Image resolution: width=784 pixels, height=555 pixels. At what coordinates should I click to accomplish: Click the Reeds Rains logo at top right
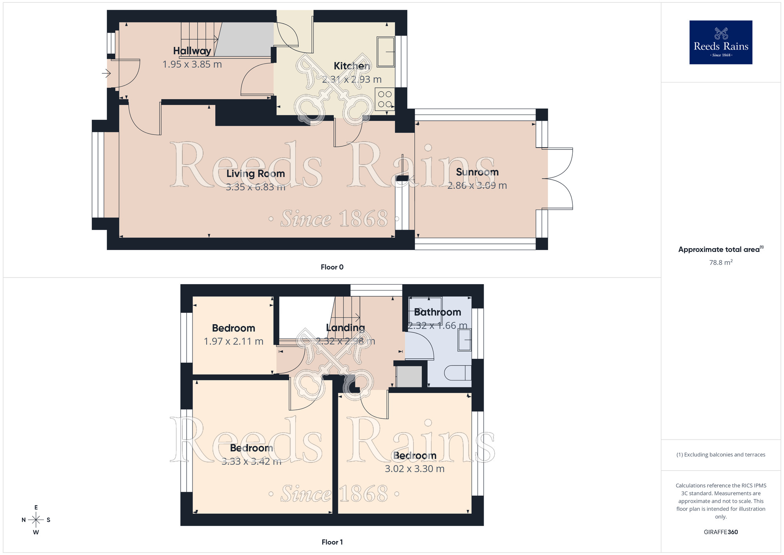pyautogui.click(x=720, y=42)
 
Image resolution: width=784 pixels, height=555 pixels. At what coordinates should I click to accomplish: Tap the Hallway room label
pyautogui.click(x=192, y=51)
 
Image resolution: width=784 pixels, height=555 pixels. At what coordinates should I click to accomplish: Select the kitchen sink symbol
pyautogui.click(x=386, y=52)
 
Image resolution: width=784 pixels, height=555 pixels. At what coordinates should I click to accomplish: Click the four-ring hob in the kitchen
pyautogui.click(x=385, y=99)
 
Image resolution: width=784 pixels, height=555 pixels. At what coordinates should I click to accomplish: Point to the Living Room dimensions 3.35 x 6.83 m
pyautogui.click(x=255, y=187)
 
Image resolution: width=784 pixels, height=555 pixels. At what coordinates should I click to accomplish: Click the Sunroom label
pyautogui.click(x=477, y=172)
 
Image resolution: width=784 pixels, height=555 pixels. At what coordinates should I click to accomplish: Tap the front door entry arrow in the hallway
pyautogui.click(x=106, y=73)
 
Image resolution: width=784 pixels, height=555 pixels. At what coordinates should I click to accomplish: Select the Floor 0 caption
pyautogui.click(x=332, y=267)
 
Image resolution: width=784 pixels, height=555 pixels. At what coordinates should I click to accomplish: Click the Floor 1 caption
pyautogui.click(x=332, y=542)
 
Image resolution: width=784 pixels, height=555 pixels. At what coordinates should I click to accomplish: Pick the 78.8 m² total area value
pyautogui.click(x=720, y=263)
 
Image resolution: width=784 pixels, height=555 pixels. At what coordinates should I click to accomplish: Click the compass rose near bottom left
pyautogui.click(x=36, y=520)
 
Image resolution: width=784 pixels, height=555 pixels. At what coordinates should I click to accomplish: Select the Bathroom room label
pyautogui.click(x=437, y=312)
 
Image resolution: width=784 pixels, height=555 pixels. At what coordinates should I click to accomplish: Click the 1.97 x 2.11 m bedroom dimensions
pyautogui.click(x=233, y=341)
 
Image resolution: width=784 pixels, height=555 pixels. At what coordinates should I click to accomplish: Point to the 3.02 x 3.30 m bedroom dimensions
pyautogui.click(x=414, y=469)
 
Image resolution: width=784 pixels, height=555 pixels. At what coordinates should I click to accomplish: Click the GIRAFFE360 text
pyautogui.click(x=720, y=532)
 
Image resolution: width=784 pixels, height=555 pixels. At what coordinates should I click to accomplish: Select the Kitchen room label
pyautogui.click(x=352, y=66)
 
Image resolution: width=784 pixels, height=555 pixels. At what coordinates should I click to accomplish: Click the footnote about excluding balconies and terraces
pyautogui.click(x=720, y=455)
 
